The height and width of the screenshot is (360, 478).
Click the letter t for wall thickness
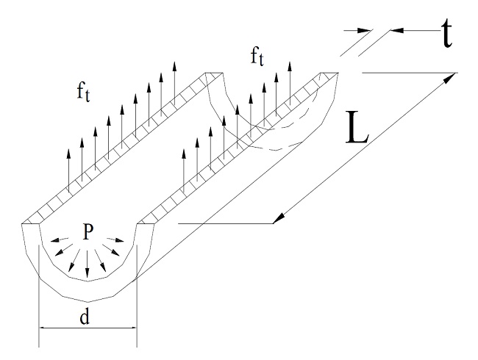point(446,34)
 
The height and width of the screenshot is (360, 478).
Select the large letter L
point(357,127)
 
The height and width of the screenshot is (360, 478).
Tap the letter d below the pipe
point(85,316)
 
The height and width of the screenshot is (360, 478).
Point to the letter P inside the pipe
point(88,233)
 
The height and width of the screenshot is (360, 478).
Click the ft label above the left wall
point(83,93)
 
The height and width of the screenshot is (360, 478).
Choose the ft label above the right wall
point(257,57)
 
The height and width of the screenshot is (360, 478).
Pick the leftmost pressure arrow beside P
point(60,240)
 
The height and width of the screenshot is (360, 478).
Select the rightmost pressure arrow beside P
point(115,240)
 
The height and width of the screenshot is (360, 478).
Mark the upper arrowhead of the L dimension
point(449,79)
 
